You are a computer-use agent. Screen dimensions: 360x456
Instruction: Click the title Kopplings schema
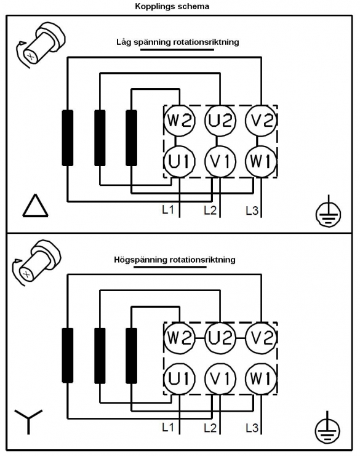172,6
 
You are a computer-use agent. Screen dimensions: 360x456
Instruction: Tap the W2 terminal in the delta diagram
179,120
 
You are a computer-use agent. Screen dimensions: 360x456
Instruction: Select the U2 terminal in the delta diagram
220,120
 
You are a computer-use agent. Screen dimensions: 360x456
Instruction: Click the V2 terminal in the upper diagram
261,120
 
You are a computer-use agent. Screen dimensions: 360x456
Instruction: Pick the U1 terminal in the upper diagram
179,161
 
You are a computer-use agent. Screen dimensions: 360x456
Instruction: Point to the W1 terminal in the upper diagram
261,161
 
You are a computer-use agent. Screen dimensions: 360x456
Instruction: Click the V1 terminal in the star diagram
220,378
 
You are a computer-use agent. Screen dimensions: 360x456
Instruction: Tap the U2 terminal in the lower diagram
220,338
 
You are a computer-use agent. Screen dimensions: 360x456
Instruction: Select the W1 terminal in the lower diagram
261,378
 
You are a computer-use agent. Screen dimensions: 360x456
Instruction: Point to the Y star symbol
28,420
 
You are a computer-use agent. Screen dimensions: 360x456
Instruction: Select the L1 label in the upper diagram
168,209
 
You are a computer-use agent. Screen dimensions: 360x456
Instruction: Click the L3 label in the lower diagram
252,428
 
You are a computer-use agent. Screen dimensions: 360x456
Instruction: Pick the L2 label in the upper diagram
210,210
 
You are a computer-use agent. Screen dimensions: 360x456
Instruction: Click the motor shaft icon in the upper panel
41,45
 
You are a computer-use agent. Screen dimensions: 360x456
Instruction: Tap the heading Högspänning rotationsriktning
175,260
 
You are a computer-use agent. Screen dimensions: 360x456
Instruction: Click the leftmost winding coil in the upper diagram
68,138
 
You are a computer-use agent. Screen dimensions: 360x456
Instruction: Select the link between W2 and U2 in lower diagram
200,338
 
